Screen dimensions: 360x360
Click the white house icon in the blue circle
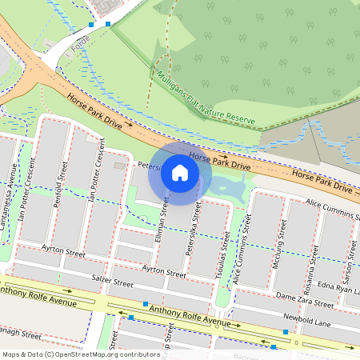click(x=180, y=173)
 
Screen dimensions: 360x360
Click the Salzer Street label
click(x=111, y=282)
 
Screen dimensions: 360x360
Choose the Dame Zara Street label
click(x=303, y=300)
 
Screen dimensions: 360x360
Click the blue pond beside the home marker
click(x=228, y=190)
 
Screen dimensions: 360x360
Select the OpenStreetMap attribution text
click(x=80, y=354)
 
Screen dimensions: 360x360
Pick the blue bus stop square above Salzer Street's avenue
click(x=146, y=304)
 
